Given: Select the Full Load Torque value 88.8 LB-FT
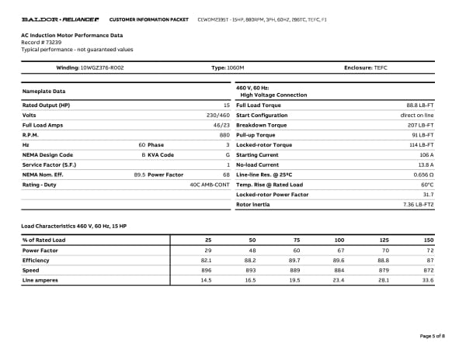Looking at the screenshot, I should [420, 105].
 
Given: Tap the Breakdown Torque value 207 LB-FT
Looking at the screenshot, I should [421, 125].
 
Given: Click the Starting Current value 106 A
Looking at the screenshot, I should [426, 154].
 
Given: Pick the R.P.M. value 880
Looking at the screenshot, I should [224, 134].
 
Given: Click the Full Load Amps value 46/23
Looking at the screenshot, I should [221, 125].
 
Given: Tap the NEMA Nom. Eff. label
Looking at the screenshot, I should [43, 175].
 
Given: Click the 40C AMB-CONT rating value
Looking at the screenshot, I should [210, 185].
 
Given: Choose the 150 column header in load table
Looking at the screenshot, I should [428, 241].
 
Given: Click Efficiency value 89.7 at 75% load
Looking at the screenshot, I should [295, 260].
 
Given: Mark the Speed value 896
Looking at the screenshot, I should [207, 270].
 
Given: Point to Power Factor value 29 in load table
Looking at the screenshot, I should [208, 251].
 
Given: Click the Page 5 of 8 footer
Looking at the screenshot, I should [432, 335].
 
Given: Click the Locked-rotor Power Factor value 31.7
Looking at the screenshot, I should [426, 194].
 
